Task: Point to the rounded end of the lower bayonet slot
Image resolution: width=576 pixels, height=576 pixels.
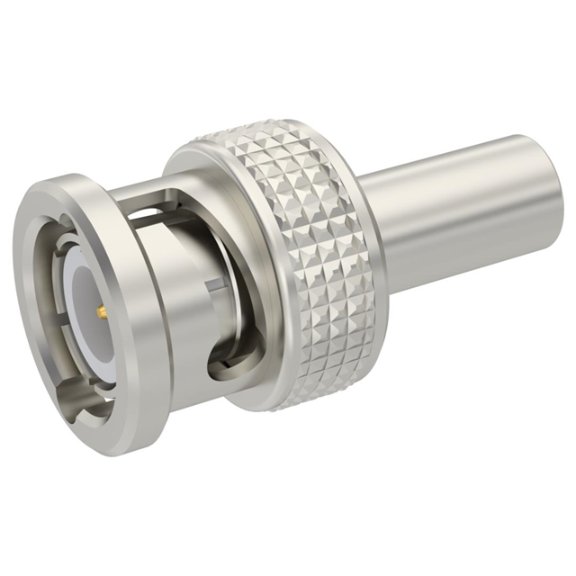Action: click(x=216, y=369)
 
